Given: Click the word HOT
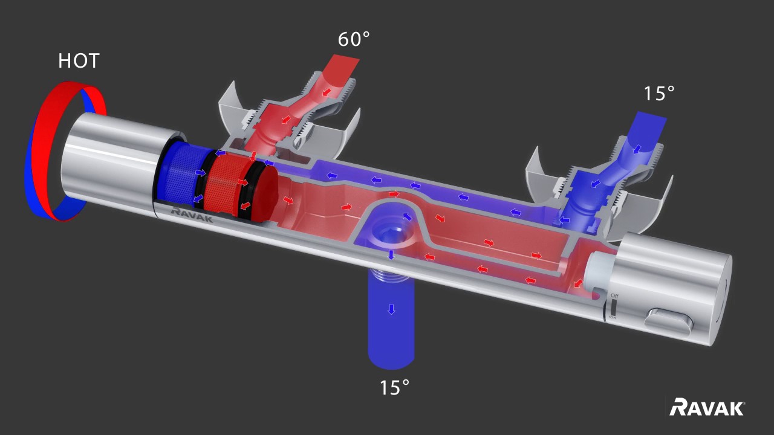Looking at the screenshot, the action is coord(79,61).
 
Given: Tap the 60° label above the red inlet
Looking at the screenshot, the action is coord(354,39).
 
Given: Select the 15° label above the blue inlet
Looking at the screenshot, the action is coord(659,93).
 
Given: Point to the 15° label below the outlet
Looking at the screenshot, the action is coord(394,387).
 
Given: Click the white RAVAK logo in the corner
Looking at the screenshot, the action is coord(707,408).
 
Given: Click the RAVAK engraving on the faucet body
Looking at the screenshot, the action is coord(192,214).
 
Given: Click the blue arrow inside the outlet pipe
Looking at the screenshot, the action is coord(391,309).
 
